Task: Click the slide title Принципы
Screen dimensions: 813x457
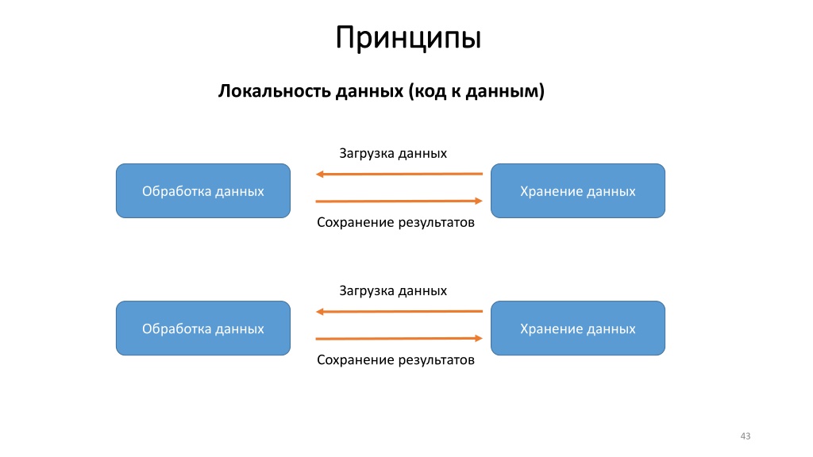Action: coord(409,38)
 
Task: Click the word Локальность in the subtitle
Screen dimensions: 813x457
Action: coord(274,90)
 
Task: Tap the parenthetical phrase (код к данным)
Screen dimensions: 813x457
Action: coord(476,91)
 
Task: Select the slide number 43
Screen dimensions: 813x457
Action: coord(745,436)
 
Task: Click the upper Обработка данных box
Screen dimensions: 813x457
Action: coord(203,190)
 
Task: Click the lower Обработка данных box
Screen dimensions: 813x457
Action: coord(203,328)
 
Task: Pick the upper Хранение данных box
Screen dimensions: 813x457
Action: coord(578,190)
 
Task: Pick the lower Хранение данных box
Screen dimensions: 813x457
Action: coord(578,328)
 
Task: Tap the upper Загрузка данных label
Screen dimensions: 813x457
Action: coord(393,154)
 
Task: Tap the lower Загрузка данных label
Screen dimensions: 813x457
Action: coord(393,291)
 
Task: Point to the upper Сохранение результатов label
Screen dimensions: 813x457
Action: coord(395,223)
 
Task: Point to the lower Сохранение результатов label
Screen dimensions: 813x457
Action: coord(395,360)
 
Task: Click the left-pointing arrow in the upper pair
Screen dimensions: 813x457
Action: coord(399,174)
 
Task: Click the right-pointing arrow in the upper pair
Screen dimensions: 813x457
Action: coord(399,201)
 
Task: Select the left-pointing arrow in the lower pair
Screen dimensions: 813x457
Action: coord(399,311)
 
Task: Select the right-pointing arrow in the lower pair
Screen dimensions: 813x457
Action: coord(399,338)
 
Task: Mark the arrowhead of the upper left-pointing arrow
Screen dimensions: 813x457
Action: coord(319,174)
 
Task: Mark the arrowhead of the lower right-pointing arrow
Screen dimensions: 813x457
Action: coord(479,338)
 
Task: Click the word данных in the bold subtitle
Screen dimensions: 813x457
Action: coord(369,92)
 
